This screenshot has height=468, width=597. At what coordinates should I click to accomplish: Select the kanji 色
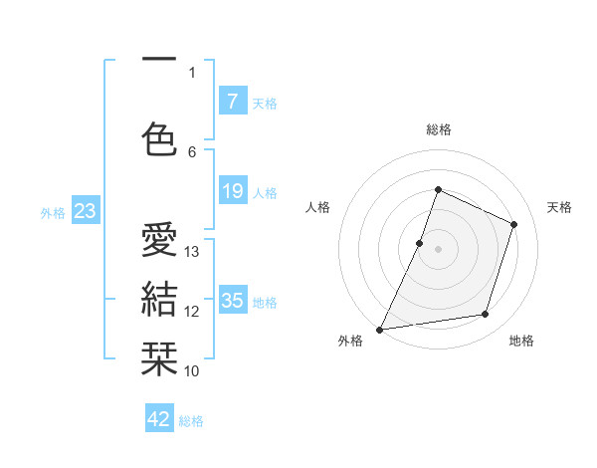159,138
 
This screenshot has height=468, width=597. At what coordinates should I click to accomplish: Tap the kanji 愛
159,242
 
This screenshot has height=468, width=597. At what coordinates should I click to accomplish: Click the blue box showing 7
232,101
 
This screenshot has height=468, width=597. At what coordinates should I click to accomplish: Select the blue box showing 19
232,191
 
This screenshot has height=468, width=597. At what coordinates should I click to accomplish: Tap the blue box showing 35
232,300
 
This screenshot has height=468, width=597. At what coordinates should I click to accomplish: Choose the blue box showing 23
85,210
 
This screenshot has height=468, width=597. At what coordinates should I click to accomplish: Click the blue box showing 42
159,419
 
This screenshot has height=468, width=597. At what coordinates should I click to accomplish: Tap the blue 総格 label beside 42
191,421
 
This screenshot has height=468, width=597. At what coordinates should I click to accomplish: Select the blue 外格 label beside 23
53,212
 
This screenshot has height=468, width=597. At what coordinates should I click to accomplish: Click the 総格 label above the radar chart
438,129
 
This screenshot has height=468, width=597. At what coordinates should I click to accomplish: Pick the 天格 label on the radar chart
559,207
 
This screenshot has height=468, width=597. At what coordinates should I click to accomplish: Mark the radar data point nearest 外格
380,329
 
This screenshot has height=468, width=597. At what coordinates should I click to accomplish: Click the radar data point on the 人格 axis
420,243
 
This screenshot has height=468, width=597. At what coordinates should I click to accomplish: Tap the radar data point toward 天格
514,224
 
